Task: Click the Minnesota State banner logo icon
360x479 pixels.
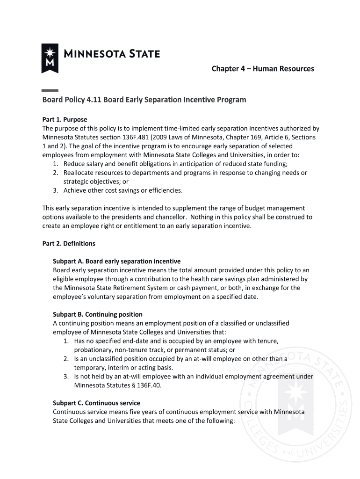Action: (50, 58)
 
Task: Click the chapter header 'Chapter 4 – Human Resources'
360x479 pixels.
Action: (263, 69)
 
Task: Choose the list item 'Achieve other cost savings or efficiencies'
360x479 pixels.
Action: (123, 190)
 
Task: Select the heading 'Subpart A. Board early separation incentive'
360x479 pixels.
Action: (116, 261)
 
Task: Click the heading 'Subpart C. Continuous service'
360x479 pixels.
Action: (96, 403)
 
